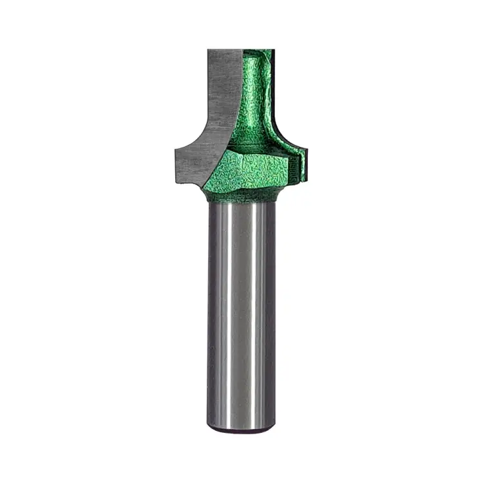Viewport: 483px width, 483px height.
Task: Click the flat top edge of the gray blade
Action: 225,51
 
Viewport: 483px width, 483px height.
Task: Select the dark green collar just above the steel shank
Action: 242,195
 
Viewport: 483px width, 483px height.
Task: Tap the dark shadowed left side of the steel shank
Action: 214,309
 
